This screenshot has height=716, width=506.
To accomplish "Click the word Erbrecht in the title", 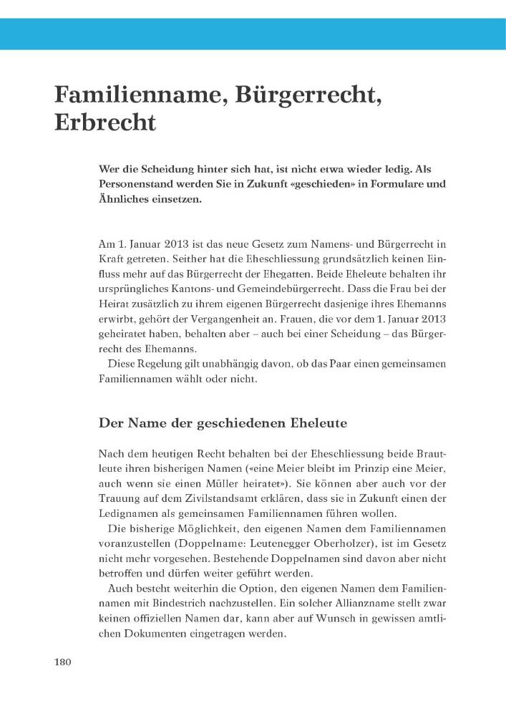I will [x=104, y=122].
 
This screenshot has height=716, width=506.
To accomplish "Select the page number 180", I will [x=64, y=662].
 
